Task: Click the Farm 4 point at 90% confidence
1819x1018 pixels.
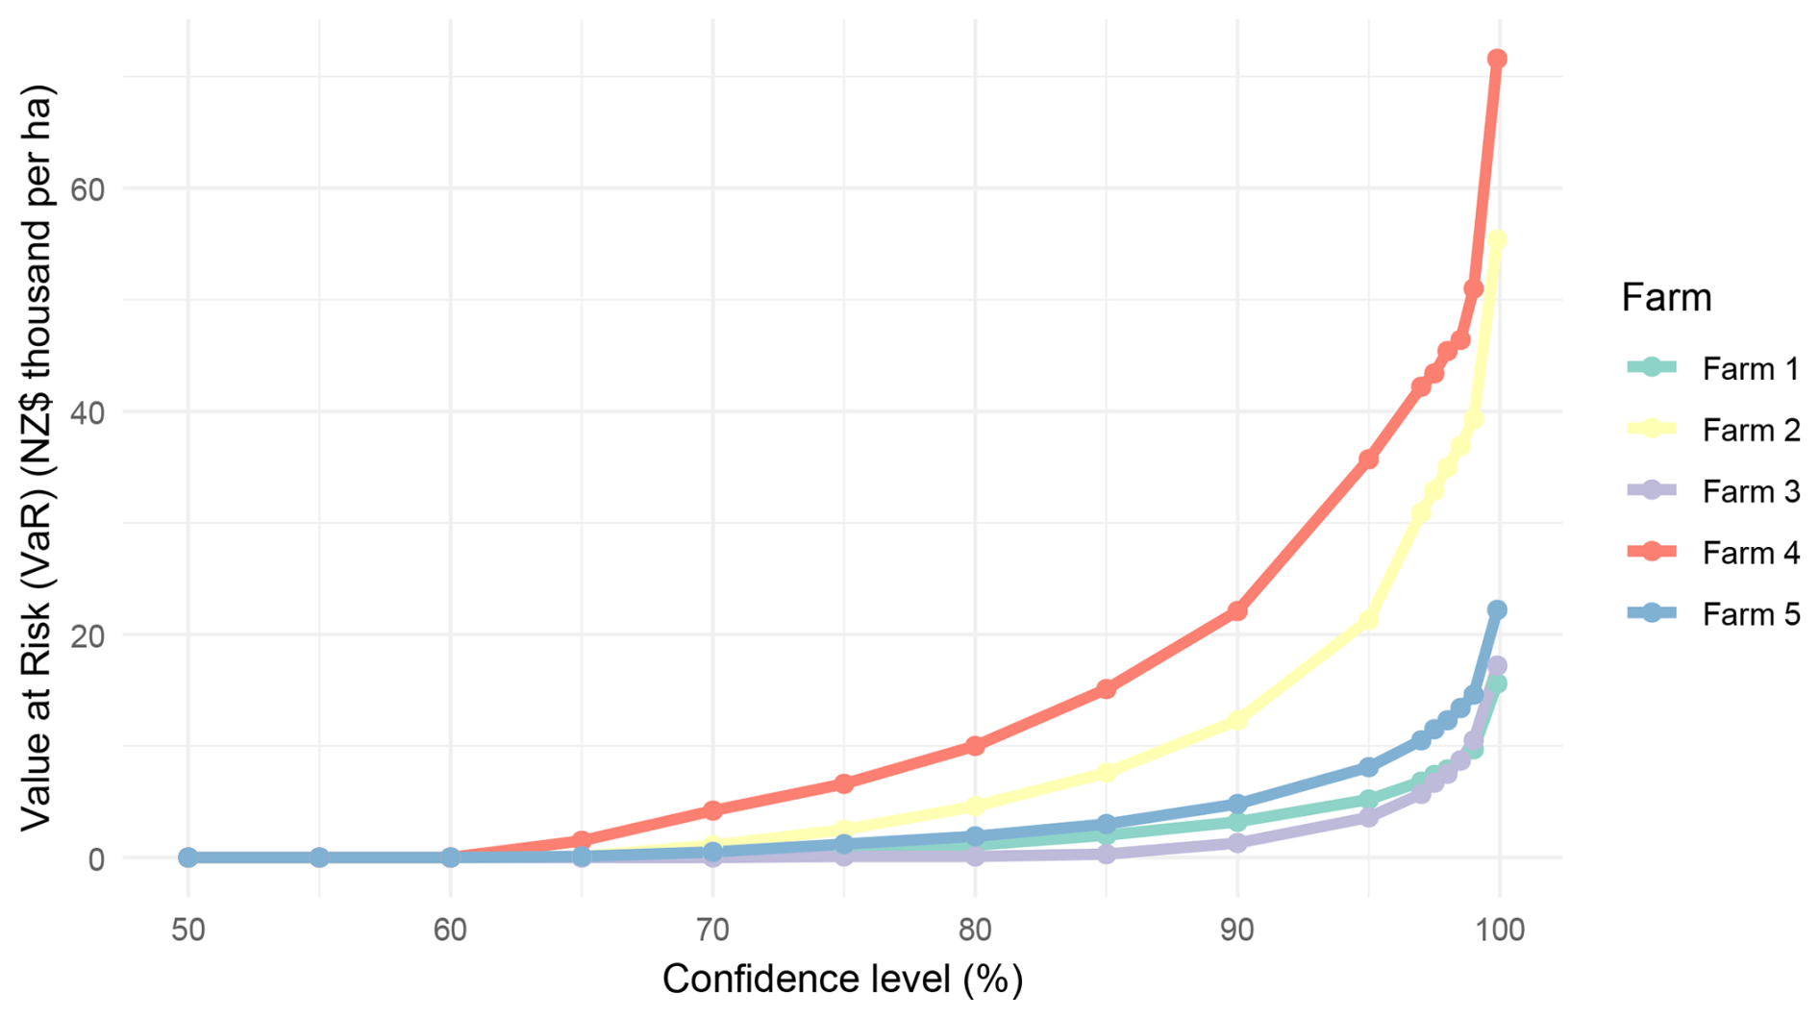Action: [1237, 610]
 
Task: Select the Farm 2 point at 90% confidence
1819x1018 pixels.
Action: [1237, 719]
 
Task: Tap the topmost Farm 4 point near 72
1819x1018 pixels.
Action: [1497, 60]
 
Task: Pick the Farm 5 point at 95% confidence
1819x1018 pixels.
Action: [1368, 767]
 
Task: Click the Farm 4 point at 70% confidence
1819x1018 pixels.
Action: [712, 810]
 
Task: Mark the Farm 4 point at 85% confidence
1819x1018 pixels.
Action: [1107, 688]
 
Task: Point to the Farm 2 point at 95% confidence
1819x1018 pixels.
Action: [1368, 620]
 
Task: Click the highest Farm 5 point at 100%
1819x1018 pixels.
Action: [1497, 609]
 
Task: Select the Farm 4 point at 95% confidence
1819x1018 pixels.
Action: [1368, 459]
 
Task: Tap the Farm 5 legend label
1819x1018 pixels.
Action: [1750, 614]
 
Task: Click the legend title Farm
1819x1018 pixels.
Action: [1666, 298]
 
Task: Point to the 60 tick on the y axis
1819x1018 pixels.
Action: [87, 189]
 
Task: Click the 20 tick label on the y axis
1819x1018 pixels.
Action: [87, 635]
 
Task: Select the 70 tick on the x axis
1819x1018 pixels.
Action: [712, 930]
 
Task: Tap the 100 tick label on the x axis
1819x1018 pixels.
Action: [1497, 930]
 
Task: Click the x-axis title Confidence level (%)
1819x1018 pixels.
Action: [842, 980]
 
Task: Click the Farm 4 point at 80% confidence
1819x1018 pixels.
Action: [975, 745]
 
